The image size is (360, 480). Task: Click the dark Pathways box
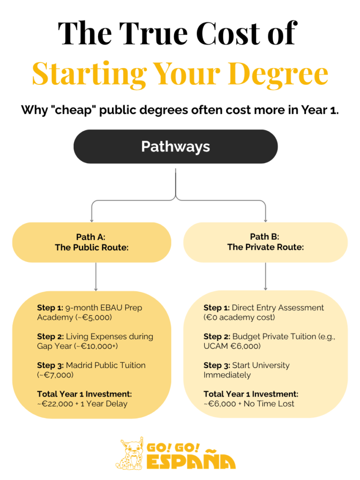point(175,146)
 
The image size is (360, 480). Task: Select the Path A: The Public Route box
point(91,242)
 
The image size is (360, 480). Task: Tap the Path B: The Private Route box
point(265,242)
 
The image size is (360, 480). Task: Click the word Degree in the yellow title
point(278,75)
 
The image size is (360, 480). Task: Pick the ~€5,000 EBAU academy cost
point(93,317)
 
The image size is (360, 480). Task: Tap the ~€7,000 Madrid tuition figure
point(55,375)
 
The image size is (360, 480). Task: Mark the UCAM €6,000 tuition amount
point(232,346)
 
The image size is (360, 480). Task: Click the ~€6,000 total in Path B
point(220,404)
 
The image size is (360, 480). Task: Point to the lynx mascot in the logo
point(130,454)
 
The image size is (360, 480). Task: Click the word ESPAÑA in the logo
point(191,461)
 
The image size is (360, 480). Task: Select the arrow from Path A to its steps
point(96,277)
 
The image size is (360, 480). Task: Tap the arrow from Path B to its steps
point(265,277)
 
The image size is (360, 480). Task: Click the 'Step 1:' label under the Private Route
point(217,307)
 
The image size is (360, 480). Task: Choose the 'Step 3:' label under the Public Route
point(50,365)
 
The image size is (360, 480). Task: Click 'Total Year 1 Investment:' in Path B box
point(251,394)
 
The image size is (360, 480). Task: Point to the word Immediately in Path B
point(227,375)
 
